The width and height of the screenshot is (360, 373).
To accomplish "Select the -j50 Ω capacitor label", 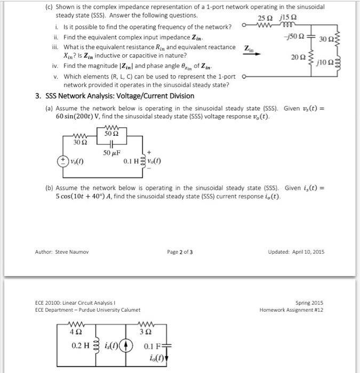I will click(x=294, y=36).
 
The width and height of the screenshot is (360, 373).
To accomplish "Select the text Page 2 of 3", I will click(x=180, y=252).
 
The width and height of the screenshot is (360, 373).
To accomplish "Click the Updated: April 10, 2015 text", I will click(x=296, y=252).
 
